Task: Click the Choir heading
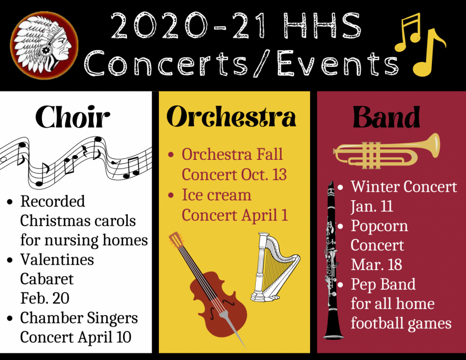pyautogui.click(x=73, y=117)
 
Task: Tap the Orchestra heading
pyautogui.click(x=231, y=116)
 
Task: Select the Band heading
pyautogui.click(x=386, y=117)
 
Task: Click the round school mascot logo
pyautogui.click(x=44, y=46)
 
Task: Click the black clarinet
pyautogui.click(x=332, y=261)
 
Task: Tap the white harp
pyautogui.click(x=273, y=267)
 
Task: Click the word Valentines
pyautogui.click(x=57, y=260)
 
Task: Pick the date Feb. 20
pyautogui.click(x=45, y=298)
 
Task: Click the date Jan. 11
pyautogui.click(x=372, y=206)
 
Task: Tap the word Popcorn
pyautogui.click(x=379, y=227)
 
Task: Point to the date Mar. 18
pyautogui.click(x=376, y=264)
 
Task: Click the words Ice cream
pyautogui.click(x=216, y=195)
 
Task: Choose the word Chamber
pyautogui.click(x=51, y=318)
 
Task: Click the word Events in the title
pyautogui.click(x=338, y=63)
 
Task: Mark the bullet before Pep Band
pyautogui.click(x=340, y=285)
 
